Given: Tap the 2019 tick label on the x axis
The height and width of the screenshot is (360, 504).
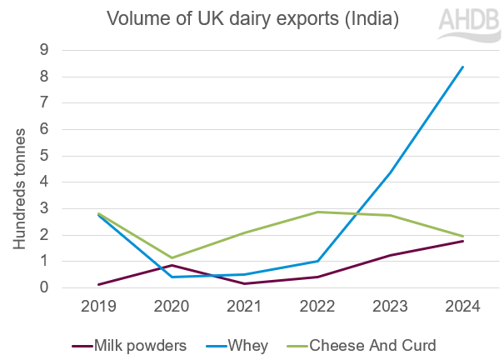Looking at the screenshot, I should [100, 307].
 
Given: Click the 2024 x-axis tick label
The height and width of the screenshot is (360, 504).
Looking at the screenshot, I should [462, 307].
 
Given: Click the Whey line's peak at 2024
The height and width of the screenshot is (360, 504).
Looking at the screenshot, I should [462, 67].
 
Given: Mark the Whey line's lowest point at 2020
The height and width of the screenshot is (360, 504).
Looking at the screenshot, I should [172, 277].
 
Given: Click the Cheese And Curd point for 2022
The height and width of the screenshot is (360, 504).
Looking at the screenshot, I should [317, 212].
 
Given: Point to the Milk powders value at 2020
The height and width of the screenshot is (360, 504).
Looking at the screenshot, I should [172, 265].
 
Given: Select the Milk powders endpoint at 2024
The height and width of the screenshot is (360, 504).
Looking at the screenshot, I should [462, 241].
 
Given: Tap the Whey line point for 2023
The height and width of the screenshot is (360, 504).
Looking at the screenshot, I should [390, 172].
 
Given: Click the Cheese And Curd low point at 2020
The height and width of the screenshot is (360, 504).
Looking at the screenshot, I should [172, 257].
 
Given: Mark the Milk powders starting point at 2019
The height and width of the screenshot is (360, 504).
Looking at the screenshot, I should [100, 284].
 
